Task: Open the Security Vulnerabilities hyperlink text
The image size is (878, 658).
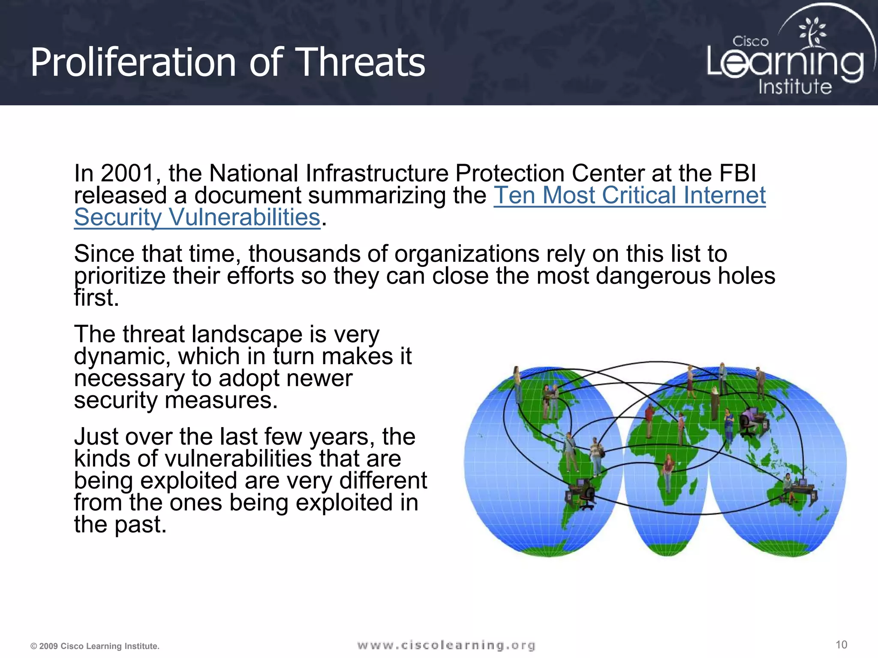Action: point(197,218)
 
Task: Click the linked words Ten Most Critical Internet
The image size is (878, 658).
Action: point(629,196)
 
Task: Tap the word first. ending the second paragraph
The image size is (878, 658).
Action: point(96,298)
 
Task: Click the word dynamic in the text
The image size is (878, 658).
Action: point(122,356)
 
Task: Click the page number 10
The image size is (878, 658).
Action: point(841,645)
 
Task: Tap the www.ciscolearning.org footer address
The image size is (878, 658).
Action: point(446,645)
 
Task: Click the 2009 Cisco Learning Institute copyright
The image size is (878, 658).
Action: point(95,646)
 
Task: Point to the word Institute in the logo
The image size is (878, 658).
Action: point(795,87)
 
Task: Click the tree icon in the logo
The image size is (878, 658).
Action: point(812,32)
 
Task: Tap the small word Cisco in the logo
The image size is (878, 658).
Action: point(750,42)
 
